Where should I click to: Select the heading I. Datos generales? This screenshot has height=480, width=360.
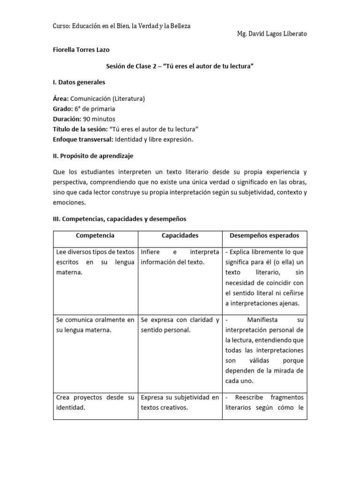(79, 82)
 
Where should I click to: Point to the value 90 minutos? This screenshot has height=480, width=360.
(99, 119)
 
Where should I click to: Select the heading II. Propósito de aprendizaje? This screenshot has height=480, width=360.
(96, 156)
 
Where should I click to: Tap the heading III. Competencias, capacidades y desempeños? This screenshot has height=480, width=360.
(120, 218)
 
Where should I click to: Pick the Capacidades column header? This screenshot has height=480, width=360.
(180, 235)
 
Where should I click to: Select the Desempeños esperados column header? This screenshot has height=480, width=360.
(264, 235)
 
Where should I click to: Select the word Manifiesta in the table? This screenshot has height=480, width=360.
(262, 320)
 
